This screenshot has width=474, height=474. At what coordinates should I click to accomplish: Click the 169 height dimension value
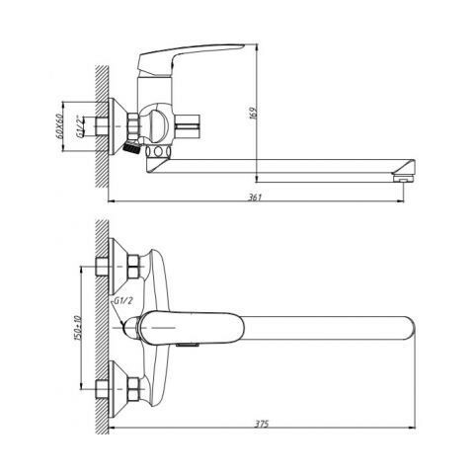pos(255,113)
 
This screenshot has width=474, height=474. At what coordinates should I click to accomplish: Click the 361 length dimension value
pos(255,197)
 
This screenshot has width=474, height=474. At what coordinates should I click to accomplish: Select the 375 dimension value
pos(263,424)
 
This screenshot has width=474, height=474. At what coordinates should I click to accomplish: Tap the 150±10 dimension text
pos(78,328)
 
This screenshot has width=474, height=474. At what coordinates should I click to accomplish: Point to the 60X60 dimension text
pos(59,126)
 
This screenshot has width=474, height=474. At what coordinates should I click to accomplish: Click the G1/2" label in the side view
pos(79,126)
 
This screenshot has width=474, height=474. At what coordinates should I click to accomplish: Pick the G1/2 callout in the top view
pos(123,300)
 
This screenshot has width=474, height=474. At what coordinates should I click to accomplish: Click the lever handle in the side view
pos(185,58)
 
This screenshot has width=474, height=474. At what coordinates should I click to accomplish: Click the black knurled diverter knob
pos(131,148)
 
